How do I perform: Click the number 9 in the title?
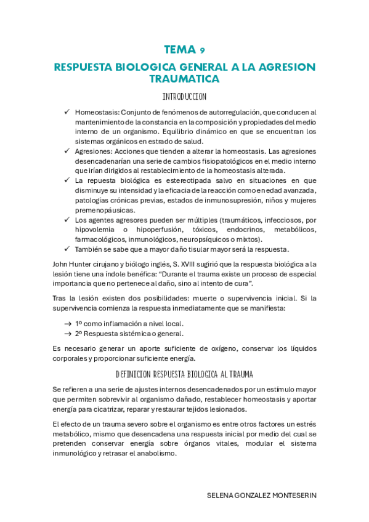(203, 50)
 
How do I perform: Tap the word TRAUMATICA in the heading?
(184, 79)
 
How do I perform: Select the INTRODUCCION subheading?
(184, 97)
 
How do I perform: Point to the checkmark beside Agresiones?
(67, 151)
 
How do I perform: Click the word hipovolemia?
(95, 230)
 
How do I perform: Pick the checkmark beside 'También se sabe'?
(67, 249)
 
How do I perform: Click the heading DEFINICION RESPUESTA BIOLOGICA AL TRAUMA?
(184, 374)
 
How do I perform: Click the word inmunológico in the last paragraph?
(79, 454)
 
